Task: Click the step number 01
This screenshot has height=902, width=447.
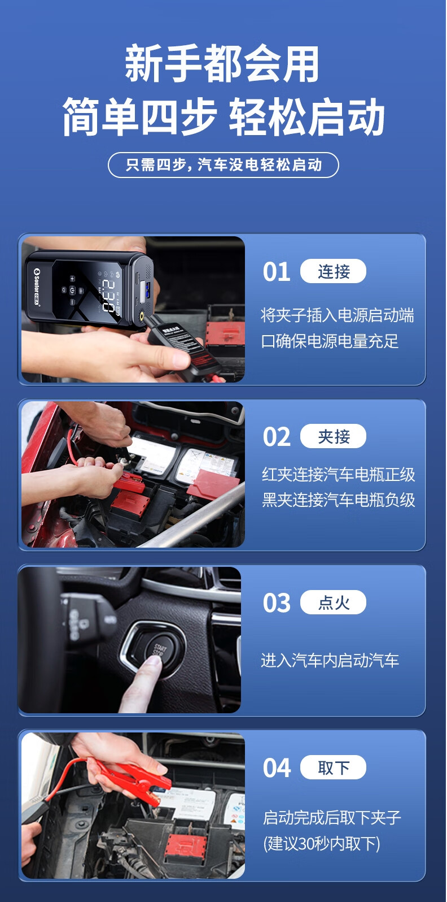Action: coord(277,271)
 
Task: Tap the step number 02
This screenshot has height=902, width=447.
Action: coord(277,436)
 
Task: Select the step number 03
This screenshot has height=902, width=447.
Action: coord(277,602)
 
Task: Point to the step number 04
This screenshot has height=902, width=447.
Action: coord(277,768)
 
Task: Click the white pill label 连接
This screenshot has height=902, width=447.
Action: coord(333,271)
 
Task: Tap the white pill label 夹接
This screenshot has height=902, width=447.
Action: coord(333,436)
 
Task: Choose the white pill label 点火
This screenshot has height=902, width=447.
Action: coord(333,602)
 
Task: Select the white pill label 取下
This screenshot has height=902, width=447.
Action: coord(333,767)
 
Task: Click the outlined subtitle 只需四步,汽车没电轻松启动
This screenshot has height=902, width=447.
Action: coord(224,164)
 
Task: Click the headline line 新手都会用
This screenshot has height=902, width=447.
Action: coord(222,64)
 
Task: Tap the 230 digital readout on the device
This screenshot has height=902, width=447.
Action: coord(108,296)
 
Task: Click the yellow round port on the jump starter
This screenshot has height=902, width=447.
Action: coord(142,317)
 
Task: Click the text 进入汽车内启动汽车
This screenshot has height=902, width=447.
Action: coord(330,660)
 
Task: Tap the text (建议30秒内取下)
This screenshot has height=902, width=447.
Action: coord(322,843)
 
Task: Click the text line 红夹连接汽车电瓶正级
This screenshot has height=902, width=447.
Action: coord(339,474)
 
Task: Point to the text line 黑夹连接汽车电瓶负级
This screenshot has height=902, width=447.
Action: coord(339,500)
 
